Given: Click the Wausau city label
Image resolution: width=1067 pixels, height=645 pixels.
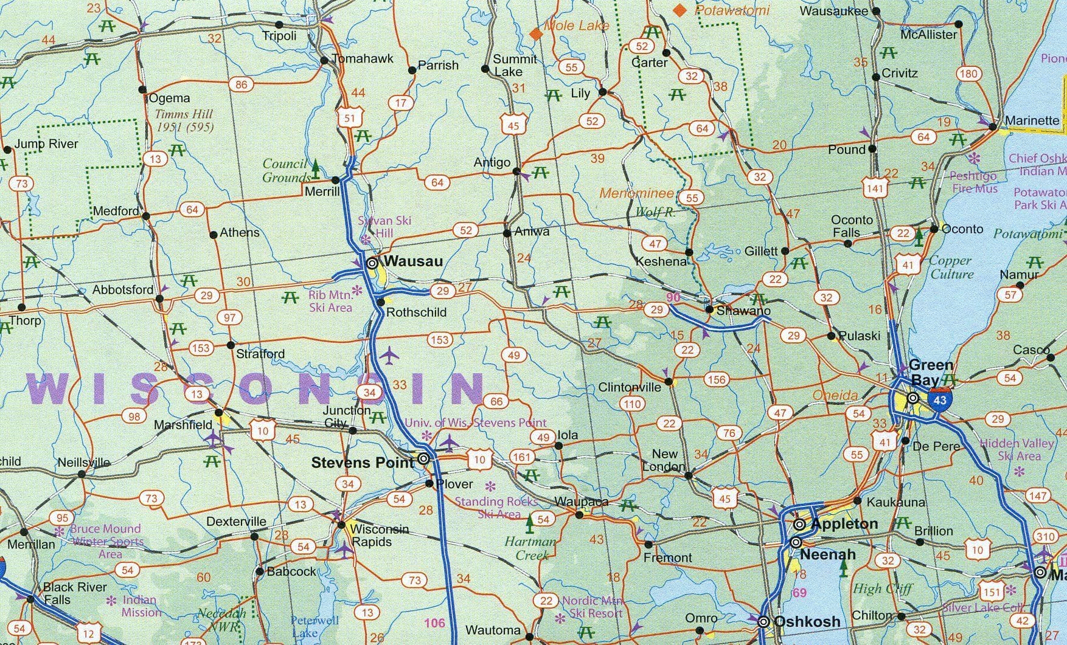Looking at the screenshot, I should point(413,262).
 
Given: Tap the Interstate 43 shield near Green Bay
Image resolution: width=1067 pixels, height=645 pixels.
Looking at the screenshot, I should point(940,399).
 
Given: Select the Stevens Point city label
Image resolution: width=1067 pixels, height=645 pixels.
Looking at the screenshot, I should point(363,463).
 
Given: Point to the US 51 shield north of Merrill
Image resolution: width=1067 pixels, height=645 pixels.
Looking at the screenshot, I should point(350,117).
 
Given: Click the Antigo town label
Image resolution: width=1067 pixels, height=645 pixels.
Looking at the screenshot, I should point(492,162).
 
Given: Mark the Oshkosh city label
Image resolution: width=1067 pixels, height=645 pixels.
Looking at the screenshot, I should point(807,621).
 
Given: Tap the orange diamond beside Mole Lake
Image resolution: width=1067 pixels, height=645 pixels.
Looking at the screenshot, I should point(536,33).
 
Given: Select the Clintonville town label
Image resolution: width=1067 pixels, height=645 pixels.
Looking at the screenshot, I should point(630,387).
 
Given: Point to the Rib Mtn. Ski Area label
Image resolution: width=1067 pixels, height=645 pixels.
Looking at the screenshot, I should point(330,302).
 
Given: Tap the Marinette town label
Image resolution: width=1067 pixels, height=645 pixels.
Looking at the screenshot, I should point(1032,120).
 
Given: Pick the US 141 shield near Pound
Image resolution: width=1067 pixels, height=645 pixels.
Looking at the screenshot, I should point(875,188).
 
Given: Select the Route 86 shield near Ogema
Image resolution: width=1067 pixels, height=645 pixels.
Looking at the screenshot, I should point(242,84).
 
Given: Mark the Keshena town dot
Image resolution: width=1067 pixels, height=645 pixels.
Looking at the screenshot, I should point(689,252).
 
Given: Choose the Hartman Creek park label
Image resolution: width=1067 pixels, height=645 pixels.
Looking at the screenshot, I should point(530,548).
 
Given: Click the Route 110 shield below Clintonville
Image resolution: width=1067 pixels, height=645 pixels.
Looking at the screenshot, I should point(632,404).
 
